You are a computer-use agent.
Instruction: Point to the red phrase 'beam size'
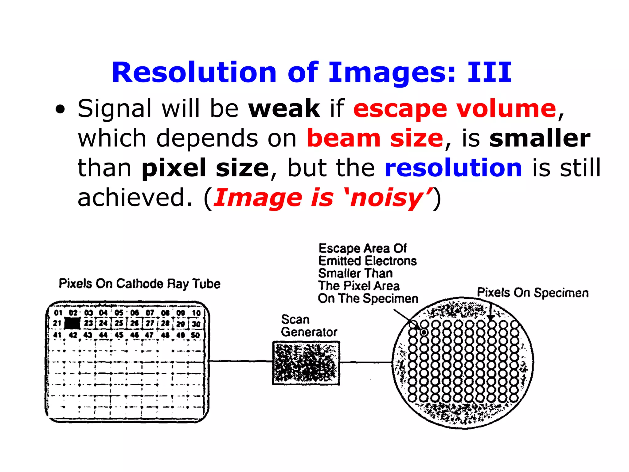[x=375, y=138]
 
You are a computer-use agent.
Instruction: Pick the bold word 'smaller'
[x=540, y=138]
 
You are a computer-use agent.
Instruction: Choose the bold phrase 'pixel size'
[x=205, y=168]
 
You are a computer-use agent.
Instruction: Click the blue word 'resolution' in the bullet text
[x=453, y=168]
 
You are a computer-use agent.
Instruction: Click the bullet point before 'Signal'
[x=61, y=110]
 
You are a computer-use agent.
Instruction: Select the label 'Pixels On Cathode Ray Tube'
[x=139, y=284]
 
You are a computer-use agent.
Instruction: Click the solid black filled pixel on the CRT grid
[x=72, y=324]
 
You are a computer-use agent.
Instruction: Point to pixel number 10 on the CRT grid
[x=196, y=313]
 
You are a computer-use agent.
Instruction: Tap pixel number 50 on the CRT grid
[x=195, y=335]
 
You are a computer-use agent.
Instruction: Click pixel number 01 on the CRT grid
[x=58, y=313]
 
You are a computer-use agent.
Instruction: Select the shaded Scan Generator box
[x=306, y=363]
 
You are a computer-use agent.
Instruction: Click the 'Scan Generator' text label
[x=308, y=326]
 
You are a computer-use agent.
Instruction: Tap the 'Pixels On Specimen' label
[x=533, y=293]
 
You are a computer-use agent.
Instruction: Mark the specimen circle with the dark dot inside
[x=424, y=332]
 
